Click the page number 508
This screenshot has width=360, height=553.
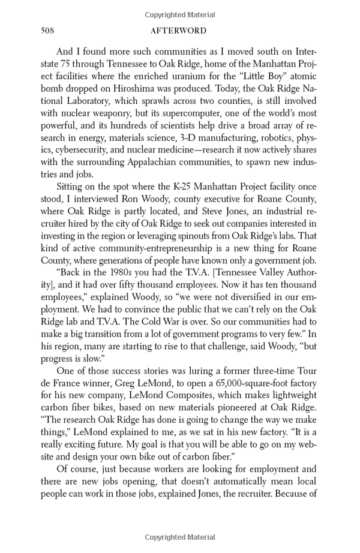(48, 31)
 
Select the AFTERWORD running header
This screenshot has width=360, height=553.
(180, 31)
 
